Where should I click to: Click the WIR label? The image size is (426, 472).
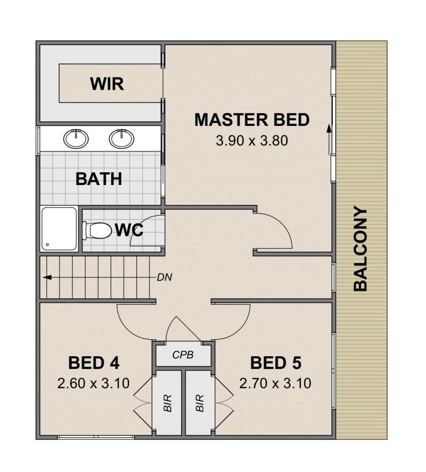click(106, 84)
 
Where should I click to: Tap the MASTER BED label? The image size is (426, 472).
click(252, 119)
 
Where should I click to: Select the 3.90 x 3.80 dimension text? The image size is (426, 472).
click(252, 141)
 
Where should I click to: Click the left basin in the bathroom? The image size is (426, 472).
click(76, 139)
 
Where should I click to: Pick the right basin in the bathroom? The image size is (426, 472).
click(122, 139)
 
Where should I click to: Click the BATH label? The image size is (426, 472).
click(99, 179)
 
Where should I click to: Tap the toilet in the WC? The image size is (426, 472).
click(96, 230)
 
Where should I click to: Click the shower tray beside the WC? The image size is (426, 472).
click(59, 229)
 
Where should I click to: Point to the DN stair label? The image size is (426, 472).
click(165, 277)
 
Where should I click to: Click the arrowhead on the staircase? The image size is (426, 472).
click(47, 277)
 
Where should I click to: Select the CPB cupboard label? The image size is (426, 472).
click(183, 355)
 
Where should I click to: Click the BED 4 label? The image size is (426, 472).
click(94, 363)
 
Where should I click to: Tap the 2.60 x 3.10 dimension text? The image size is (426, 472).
click(94, 383)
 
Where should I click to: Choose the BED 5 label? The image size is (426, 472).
click(276, 363)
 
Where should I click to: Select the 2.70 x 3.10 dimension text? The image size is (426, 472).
click(275, 383)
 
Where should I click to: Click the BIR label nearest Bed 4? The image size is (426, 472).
click(167, 403)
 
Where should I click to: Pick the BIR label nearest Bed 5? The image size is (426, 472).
click(200, 403)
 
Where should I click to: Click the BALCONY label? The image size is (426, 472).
click(361, 249)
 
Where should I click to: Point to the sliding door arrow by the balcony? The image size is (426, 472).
click(330, 139)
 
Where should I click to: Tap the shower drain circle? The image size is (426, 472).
click(47, 245)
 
